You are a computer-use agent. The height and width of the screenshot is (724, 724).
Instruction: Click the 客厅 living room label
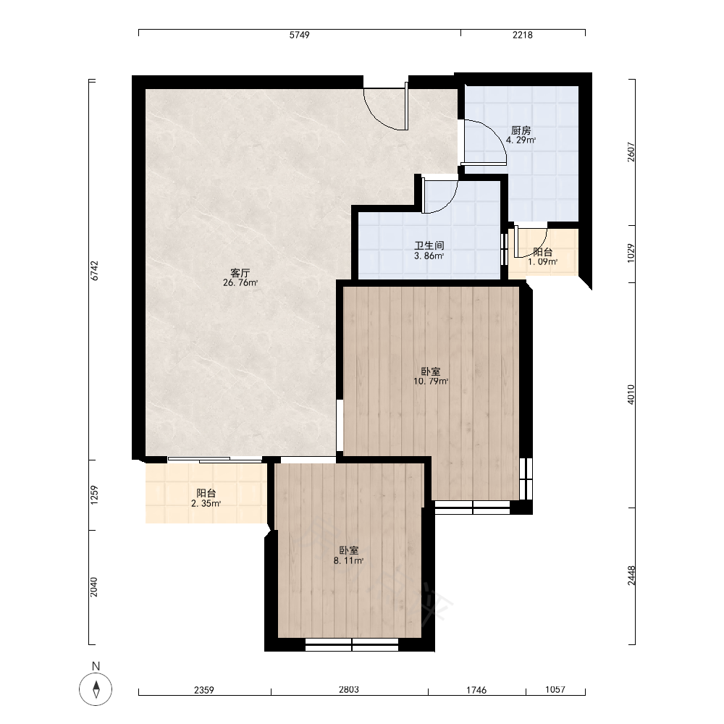tap(240, 273)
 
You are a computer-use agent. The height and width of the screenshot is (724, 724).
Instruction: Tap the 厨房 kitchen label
tap(521, 130)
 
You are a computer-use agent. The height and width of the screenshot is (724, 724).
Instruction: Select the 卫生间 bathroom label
tap(429, 245)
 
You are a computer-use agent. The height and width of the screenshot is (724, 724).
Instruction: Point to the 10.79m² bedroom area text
tap(431, 382)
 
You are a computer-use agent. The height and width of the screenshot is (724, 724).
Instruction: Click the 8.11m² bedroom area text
tap(349, 561)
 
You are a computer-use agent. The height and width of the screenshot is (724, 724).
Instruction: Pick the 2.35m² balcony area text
tap(206, 504)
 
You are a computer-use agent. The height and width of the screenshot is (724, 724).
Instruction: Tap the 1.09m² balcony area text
tap(542, 262)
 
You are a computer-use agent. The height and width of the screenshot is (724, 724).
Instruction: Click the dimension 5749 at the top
tap(299, 35)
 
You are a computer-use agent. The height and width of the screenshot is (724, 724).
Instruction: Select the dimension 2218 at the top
tap(523, 35)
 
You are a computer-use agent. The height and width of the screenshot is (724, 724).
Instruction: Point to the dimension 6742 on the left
tap(94, 271)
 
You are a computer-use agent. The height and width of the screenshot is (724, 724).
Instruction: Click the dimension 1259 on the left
tap(94, 494)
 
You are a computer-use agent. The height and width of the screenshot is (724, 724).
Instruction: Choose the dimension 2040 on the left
tap(94, 587)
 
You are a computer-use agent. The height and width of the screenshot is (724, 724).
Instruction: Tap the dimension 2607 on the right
tap(631, 152)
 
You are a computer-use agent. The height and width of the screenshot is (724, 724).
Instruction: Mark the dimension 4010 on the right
tap(631, 395)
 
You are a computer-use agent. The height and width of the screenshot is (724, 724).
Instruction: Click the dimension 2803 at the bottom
tap(349, 689)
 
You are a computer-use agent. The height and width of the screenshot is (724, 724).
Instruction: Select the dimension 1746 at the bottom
tap(476, 690)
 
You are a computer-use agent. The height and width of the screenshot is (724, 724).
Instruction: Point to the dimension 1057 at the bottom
tap(555, 689)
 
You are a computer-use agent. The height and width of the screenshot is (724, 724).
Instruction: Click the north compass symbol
tap(96, 689)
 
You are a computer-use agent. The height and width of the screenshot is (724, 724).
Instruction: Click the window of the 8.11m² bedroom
tap(352, 644)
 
